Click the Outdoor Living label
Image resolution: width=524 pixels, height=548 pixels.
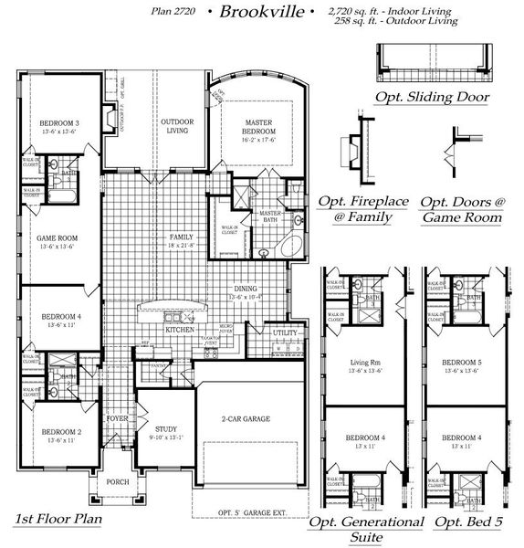click(176, 126)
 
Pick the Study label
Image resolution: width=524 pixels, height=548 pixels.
click(166, 428)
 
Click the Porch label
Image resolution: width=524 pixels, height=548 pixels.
click(118, 482)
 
